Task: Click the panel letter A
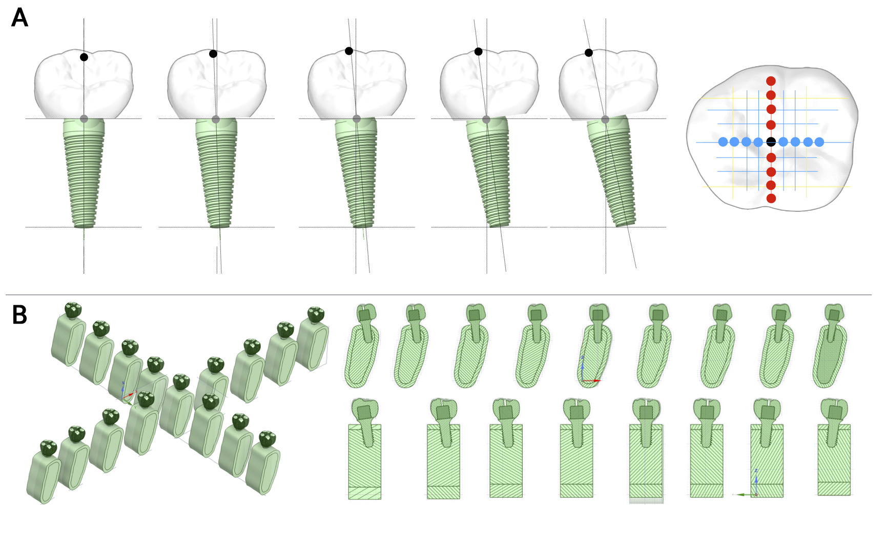click(19, 17)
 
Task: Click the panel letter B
click(19, 315)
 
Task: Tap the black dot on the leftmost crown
click(84, 57)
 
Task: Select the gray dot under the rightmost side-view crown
click(605, 119)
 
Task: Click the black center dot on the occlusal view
click(771, 142)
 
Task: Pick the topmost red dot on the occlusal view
click(771, 81)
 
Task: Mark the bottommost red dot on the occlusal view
click(771, 198)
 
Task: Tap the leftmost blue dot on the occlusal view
click(723, 142)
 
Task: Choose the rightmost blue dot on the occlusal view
click(819, 142)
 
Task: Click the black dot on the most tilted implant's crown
click(589, 53)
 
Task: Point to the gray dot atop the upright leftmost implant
click(84, 118)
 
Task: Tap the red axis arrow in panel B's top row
click(592, 381)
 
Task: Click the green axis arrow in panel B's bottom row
click(744, 494)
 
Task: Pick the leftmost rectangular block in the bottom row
click(364, 462)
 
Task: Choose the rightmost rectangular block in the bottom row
click(834, 460)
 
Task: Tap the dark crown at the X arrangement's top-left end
click(73, 310)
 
